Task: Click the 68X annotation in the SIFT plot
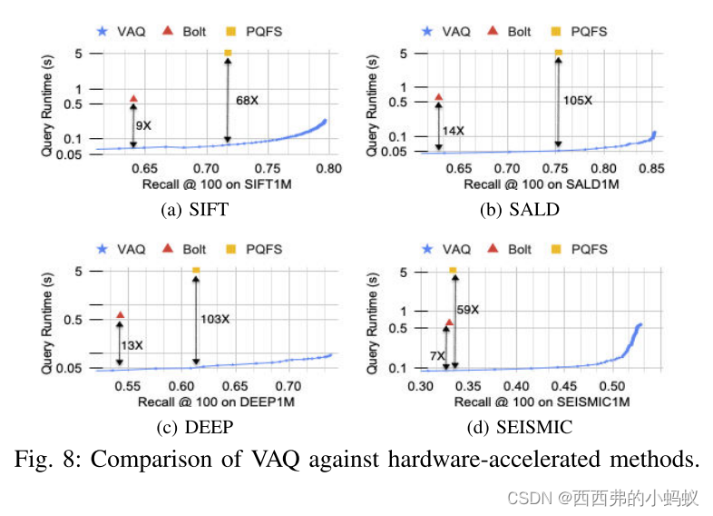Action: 247,100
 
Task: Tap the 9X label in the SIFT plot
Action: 143,125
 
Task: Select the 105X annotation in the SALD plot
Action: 577,100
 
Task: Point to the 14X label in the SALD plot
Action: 454,131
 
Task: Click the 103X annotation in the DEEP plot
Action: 215,319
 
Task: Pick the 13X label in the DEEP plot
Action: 132,345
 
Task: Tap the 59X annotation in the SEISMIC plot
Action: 467,310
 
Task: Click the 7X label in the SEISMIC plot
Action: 437,355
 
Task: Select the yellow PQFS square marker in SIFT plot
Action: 228,53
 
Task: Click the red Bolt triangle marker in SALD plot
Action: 439,97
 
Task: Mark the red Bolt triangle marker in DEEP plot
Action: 120,314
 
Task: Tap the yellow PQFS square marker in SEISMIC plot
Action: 454,270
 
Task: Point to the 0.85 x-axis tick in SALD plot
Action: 650,170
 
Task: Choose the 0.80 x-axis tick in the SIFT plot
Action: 328,169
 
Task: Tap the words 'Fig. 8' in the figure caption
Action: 45,461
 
